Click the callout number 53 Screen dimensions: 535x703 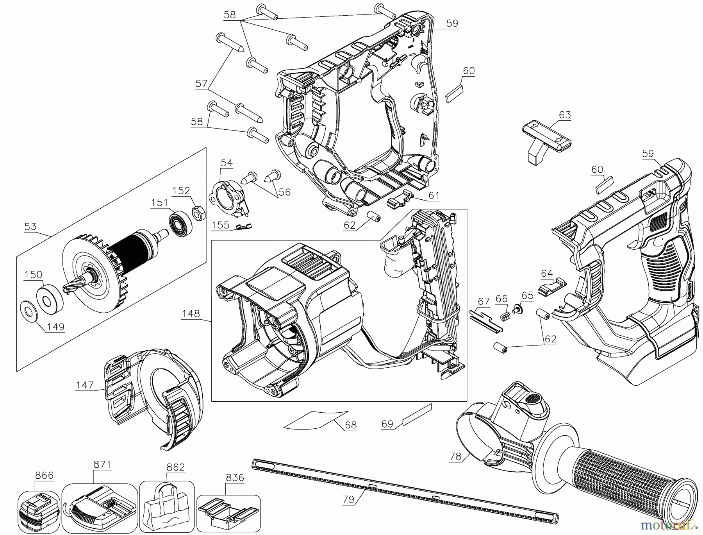coord(30,227)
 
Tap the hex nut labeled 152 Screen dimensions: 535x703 coord(197,213)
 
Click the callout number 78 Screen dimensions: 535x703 coord(455,456)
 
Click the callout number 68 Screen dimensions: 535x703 coord(351,425)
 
